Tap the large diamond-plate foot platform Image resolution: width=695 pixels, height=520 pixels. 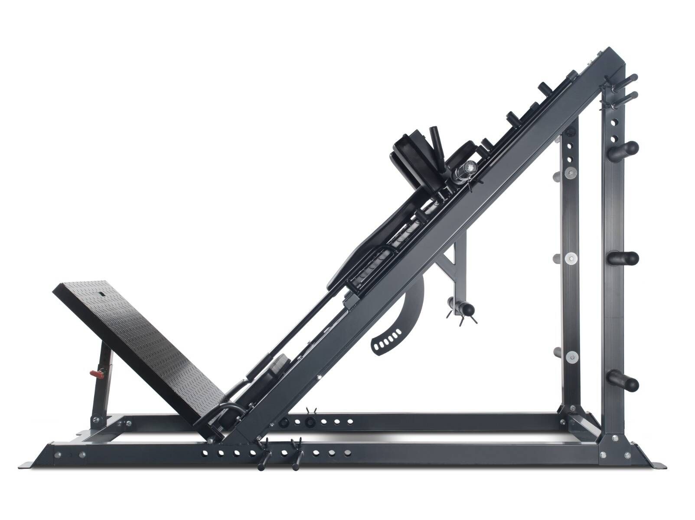(143, 342)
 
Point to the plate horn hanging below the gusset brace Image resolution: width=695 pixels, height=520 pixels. (462, 308)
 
